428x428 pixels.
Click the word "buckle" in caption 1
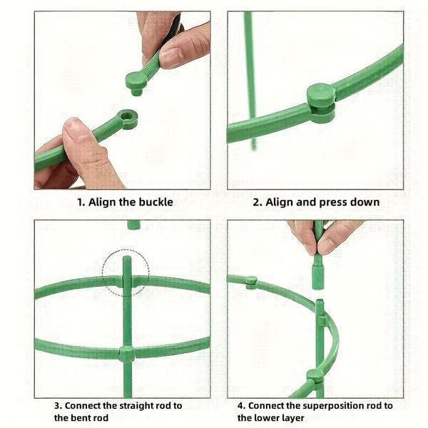tap(154, 202)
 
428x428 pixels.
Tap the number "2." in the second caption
tap(258, 202)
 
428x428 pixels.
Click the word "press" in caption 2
tap(335, 202)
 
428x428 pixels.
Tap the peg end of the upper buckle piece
tap(135, 80)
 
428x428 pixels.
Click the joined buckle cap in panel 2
tap(321, 96)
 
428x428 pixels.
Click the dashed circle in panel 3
tap(126, 272)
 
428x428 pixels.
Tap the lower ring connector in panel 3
tap(126, 352)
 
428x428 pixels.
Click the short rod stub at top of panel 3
tap(133, 225)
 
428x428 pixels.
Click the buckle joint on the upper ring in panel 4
tap(251, 281)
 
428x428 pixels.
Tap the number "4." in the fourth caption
tap(243, 405)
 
